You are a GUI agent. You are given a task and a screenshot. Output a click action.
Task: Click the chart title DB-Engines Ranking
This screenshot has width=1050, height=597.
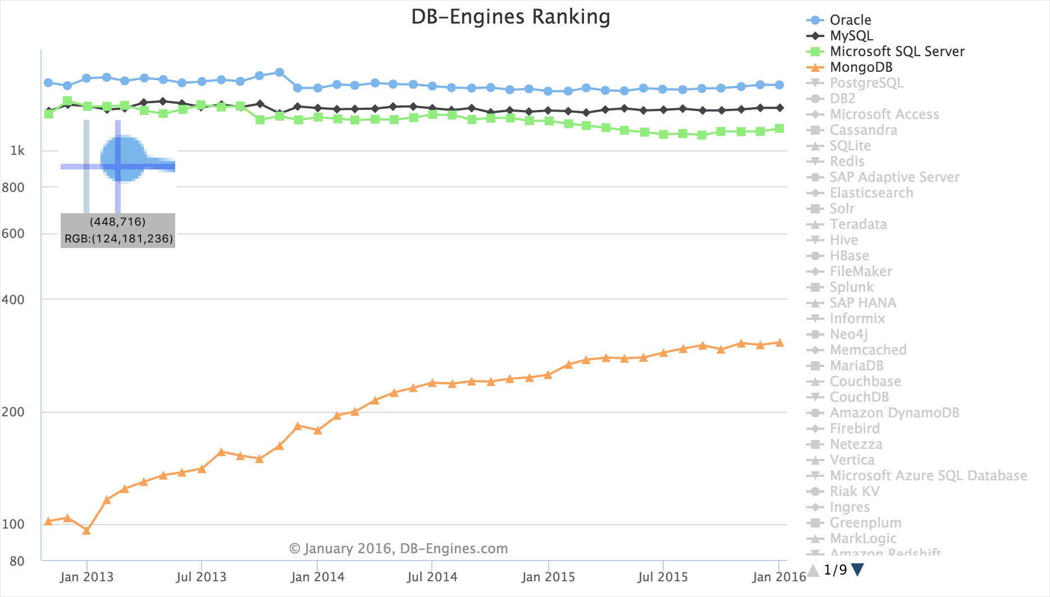point(510,17)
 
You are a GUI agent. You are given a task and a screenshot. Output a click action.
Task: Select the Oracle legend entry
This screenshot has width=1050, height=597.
point(850,20)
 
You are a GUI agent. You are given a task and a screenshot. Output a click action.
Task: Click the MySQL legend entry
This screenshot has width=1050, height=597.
point(851,36)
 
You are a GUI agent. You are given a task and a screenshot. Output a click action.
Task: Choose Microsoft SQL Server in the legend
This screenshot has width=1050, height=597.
point(897,52)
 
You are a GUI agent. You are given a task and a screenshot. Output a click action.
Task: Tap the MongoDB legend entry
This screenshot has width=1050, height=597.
point(861,67)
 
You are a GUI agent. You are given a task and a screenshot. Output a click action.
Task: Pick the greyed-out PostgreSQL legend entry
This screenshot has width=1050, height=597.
point(866,83)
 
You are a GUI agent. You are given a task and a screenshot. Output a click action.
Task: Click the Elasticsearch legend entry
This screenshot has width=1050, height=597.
point(871,193)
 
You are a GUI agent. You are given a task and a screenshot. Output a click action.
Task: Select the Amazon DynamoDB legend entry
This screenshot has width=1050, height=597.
point(894,413)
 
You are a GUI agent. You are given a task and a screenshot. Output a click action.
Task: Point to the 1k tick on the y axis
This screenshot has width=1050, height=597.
point(17,151)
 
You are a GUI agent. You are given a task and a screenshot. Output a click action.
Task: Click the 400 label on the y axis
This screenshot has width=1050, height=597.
point(13,300)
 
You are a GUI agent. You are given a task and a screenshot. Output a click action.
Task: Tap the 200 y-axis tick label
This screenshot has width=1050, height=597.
point(13,412)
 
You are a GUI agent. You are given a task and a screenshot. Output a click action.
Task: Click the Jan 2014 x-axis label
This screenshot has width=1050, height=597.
point(317,577)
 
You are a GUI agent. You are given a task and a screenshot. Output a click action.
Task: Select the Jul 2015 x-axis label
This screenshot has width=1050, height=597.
point(663,577)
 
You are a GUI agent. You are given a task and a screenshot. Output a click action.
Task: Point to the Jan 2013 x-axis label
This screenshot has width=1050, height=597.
point(86,577)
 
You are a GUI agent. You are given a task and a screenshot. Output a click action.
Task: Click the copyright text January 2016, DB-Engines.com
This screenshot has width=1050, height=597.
point(398,549)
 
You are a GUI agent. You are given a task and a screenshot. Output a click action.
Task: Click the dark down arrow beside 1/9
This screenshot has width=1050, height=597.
point(857,570)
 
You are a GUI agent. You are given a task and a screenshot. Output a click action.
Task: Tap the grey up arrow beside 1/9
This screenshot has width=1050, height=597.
point(813,570)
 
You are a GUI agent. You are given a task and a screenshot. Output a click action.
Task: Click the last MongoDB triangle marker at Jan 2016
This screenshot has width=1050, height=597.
point(779,343)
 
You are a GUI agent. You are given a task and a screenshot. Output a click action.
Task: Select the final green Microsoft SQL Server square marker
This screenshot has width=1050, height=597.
point(779,128)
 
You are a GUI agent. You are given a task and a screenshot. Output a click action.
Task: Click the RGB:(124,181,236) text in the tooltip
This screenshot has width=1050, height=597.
point(118,239)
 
